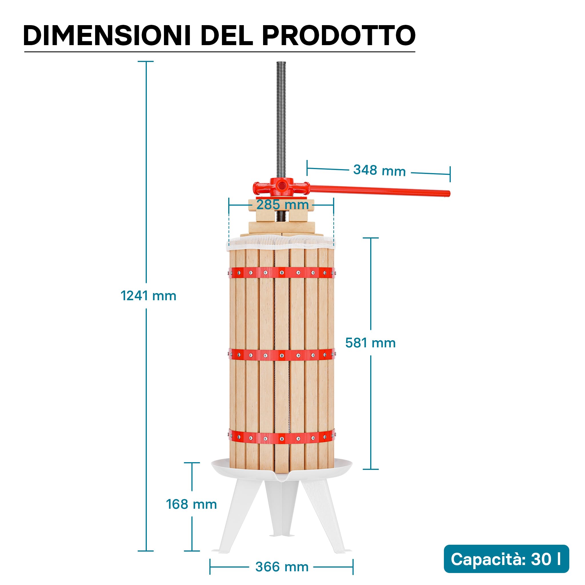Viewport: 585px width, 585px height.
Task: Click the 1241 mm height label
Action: (148, 296)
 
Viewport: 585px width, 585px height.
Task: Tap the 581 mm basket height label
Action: (370, 343)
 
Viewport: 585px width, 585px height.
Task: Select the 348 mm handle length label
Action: (379, 171)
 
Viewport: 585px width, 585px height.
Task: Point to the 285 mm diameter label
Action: (283, 205)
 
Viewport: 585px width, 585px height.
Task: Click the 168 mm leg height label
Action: (191, 504)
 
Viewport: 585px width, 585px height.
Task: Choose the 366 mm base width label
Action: (282, 567)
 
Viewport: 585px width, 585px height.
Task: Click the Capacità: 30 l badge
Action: (506, 559)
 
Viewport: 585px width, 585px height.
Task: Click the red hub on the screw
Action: (282, 187)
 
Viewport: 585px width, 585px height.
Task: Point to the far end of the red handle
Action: (449, 193)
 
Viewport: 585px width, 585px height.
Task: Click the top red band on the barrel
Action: (282, 273)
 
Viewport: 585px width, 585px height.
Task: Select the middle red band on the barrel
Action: (282, 354)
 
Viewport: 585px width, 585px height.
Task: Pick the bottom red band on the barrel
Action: (282, 437)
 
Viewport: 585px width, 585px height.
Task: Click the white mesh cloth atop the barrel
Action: (282, 243)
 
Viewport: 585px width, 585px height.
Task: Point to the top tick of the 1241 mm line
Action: (146, 61)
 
